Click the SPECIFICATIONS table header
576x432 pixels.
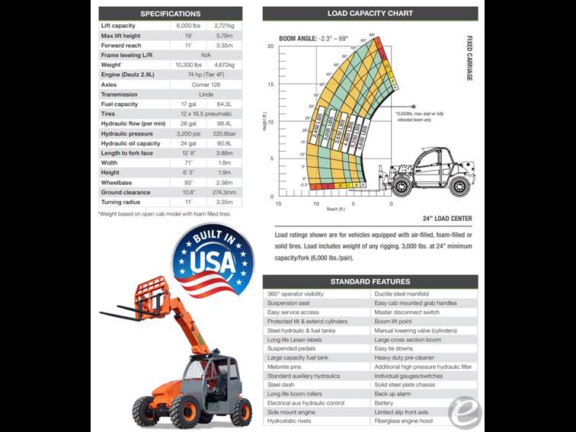(x=170, y=14)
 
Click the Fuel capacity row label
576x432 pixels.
(x=120, y=104)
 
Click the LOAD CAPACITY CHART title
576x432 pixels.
(x=370, y=14)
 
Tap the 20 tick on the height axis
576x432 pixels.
(x=270, y=46)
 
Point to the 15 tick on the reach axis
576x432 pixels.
(x=278, y=203)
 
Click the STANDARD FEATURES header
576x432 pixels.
(x=370, y=282)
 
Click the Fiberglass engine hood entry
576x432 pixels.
(x=403, y=421)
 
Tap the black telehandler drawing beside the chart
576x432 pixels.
(x=430, y=171)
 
